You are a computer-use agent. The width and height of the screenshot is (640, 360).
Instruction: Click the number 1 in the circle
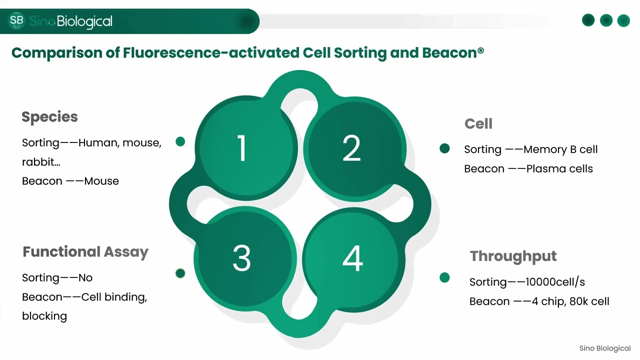pos(242,148)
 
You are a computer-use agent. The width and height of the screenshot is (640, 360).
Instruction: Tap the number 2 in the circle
pos(351,148)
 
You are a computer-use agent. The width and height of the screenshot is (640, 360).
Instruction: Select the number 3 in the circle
pos(241,258)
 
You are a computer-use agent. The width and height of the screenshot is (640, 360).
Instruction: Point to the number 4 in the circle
pos(352,258)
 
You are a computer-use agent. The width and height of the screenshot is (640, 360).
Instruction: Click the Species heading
pos(49,117)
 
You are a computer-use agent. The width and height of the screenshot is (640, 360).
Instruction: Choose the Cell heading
pos(478,124)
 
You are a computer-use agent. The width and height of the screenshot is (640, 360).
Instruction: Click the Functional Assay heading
pos(85,252)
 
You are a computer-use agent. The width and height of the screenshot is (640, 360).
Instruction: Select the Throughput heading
pos(513,256)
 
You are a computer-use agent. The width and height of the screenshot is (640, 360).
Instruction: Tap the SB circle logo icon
pos(16,20)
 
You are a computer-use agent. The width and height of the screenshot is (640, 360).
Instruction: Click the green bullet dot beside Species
pos(180,142)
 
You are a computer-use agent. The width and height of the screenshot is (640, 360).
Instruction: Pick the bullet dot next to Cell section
pos(444,148)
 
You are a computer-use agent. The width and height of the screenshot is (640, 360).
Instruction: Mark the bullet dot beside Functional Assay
pos(180,273)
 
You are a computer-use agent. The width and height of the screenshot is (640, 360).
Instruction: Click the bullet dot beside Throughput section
pos(444,277)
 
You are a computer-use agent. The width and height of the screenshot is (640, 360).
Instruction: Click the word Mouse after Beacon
pos(101,181)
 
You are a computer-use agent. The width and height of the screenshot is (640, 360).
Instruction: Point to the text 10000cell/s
pos(555,282)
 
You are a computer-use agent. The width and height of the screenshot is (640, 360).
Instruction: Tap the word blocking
pos(44,316)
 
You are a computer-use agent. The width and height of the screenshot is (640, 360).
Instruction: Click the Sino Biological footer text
pos(604,348)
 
